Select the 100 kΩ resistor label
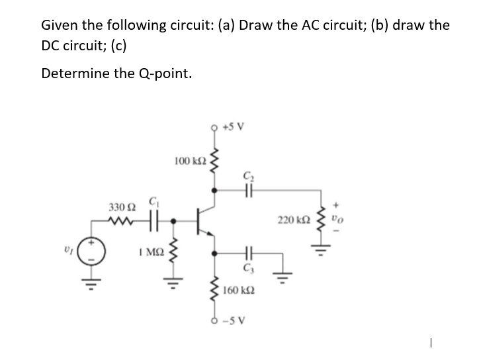(188, 161)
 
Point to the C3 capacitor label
(249, 269)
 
